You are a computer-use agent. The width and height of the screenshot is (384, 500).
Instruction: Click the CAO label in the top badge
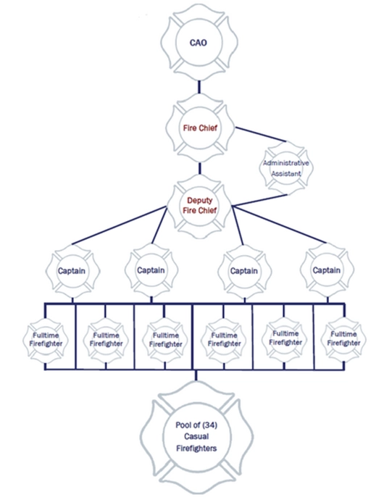(198, 43)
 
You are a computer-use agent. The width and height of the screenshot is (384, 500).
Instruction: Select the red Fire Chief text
(200, 128)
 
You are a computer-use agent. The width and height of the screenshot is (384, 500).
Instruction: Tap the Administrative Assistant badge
(286, 167)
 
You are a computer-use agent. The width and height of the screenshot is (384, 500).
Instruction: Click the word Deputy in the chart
(200, 201)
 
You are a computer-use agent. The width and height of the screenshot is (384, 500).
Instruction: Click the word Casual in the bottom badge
(196, 436)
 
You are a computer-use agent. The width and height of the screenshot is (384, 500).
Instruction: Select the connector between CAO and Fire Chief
(199, 87)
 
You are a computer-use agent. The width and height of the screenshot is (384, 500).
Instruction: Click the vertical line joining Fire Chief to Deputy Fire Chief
(200, 168)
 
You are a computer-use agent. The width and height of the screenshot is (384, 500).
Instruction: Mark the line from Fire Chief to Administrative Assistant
(261, 134)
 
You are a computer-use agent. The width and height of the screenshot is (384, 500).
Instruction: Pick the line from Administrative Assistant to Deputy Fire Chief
(259, 200)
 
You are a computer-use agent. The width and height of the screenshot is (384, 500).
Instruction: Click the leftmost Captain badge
(72, 271)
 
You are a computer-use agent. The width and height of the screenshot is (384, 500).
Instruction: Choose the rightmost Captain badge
(327, 270)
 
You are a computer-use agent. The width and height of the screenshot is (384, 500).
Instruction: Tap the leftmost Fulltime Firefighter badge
(46, 341)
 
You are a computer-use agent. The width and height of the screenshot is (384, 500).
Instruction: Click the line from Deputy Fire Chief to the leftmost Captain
(120, 225)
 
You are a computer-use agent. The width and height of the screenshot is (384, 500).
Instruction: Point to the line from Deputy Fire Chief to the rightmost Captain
(280, 225)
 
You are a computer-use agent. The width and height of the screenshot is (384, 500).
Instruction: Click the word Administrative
(286, 163)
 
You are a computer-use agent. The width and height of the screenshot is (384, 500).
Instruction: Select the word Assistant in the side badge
(286, 174)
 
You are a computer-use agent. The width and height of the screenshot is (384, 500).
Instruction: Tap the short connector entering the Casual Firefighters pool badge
(196, 375)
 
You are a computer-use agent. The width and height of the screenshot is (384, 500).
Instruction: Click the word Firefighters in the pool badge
(196, 448)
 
